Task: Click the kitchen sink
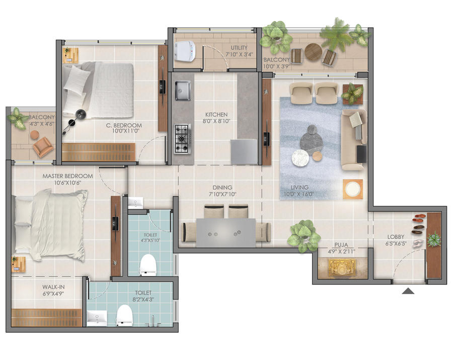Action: tap(183, 91)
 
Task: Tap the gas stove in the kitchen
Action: tap(182, 139)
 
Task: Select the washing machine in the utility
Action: tap(185, 51)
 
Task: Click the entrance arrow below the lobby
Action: tap(408, 291)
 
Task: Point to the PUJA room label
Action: tap(341, 245)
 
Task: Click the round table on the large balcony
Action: tap(313, 52)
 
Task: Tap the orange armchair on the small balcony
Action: tap(43, 147)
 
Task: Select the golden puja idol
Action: tap(342, 267)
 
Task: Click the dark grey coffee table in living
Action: tap(311, 139)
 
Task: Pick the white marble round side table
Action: tap(300, 158)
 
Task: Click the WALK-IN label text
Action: tap(53, 287)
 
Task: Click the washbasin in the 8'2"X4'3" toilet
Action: tap(97, 318)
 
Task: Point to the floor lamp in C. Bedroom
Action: tap(74, 122)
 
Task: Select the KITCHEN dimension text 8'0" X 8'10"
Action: tap(216, 121)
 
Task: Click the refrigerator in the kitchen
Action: tap(244, 151)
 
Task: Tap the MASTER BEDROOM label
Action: tap(67, 176)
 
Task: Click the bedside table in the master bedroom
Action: tap(18, 264)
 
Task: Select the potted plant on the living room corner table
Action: tap(352, 93)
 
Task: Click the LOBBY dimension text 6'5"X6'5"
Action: tap(396, 243)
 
